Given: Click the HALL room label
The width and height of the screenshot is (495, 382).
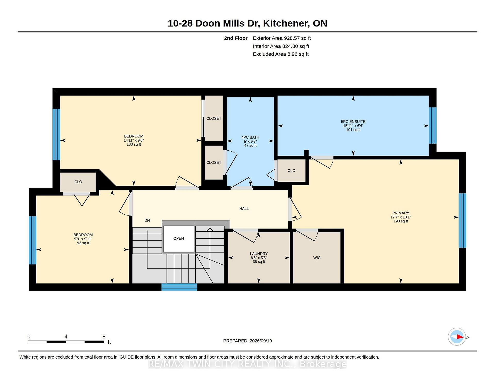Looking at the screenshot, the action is click(x=244, y=209).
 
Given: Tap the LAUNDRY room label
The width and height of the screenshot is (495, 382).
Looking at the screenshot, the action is click(x=259, y=254).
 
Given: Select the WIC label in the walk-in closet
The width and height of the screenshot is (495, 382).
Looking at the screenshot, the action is click(x=317, y=258).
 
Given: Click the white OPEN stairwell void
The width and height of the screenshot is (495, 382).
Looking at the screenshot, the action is click(x=179, y=239).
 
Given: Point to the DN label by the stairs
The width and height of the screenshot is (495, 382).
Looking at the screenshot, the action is click(x=147, y=220).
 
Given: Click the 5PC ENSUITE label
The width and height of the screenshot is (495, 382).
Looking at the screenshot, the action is click(x=353, y=121).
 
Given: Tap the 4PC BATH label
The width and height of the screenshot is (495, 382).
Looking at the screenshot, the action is click(x=250, y=137).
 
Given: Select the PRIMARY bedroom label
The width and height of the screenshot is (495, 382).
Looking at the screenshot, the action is click(x=401, y=213).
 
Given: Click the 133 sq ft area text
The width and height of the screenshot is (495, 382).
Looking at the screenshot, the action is click(x=134, y=144).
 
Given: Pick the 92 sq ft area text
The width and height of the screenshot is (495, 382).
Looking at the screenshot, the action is click(x=83, y=243).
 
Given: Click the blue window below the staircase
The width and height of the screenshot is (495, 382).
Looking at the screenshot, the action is click(x=179, y=287).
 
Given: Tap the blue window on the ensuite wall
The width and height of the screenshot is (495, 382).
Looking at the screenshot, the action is click(x=433, y=125).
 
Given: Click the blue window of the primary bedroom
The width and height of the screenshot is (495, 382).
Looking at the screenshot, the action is click(x=463, y=220).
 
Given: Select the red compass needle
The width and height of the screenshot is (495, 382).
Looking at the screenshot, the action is click(x=460, y=337).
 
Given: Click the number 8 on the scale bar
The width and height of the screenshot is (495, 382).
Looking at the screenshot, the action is click(x=104, y=336).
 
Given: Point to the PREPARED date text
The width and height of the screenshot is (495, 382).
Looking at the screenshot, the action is click(x=247, y=341).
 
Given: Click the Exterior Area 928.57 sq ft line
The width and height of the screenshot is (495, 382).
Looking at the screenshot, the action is click(x=282, y=38).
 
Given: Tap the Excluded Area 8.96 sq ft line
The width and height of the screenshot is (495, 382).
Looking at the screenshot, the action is click(x=281, y=54).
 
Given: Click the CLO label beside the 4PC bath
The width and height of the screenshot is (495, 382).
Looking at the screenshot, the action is click(x=291, y=170).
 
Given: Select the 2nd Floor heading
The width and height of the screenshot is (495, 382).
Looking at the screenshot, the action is click(x=236, y=38).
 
